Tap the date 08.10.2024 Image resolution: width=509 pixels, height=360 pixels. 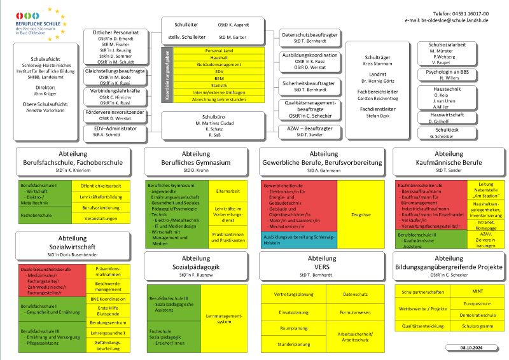[x=471, y=348]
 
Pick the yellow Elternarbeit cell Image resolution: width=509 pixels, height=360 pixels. [x=228, y=191]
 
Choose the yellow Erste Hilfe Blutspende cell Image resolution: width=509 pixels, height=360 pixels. [x=108, y=311]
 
